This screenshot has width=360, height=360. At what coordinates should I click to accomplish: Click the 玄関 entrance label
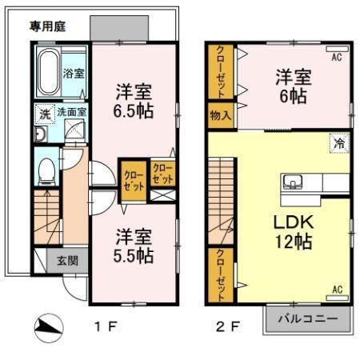(67, 259)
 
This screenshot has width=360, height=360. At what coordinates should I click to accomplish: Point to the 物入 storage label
(220, 115)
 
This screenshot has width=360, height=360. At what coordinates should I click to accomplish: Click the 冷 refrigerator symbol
(340, 144)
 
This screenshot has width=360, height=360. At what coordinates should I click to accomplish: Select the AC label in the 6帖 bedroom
(337, 56)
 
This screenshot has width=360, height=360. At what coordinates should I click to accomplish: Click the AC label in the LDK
(337, 289)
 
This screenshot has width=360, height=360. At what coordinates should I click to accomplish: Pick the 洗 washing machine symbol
(44, 114)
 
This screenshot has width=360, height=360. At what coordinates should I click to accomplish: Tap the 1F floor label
(107, 327)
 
